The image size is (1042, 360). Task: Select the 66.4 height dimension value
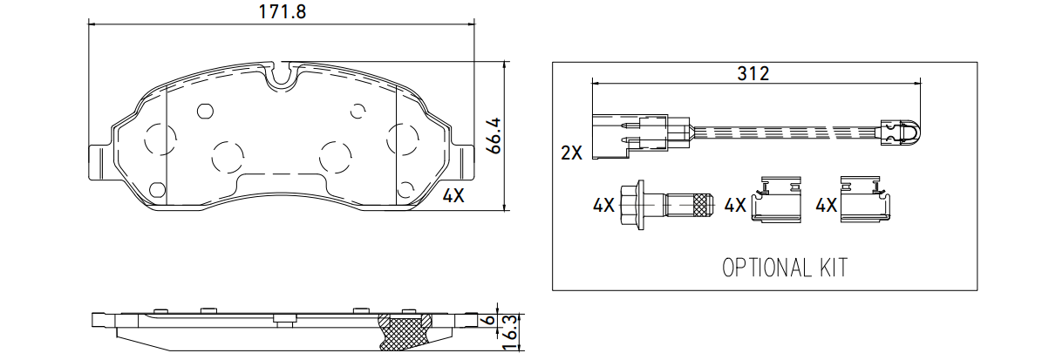tap(494, 136)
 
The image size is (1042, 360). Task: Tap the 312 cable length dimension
tap(753, 74)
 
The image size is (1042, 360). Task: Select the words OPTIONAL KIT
tap(785, 268)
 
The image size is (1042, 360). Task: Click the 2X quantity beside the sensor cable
tap(571, 153)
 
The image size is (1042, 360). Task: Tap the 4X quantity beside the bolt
tap(603, 205)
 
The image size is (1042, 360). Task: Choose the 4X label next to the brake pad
tap(453, 195)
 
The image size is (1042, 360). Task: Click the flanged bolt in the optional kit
tap(666, 205)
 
